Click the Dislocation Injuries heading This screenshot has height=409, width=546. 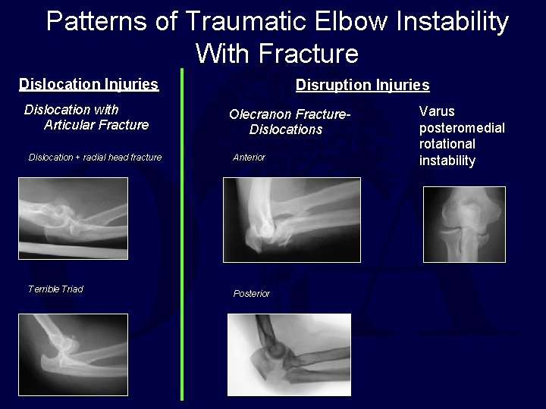click(x=89, y=84)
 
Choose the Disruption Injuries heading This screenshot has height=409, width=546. click(x=362, y=85)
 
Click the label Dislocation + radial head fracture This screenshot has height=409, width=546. click(x=95, y=158)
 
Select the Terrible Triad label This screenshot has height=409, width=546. click(x=55, y=289)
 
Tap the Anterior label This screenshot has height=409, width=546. click(x=249, y=158)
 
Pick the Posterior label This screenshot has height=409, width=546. click(x=251, y=294)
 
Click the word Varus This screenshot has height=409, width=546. click(x=438, y=111)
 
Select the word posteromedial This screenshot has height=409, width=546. click(x=462, y=127)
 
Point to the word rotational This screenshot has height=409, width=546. click(x=447, y=144)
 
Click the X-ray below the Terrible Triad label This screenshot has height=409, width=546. click(x=73, y=354)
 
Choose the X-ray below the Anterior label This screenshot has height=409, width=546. click(x=291, y=220)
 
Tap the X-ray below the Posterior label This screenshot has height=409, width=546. click(x=289, y=354)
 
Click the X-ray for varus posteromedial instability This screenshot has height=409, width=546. click(x=463, y=224)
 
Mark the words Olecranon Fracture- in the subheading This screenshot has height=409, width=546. click(x=290, y=114)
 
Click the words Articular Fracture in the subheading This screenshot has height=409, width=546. click(x=96, y=125)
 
